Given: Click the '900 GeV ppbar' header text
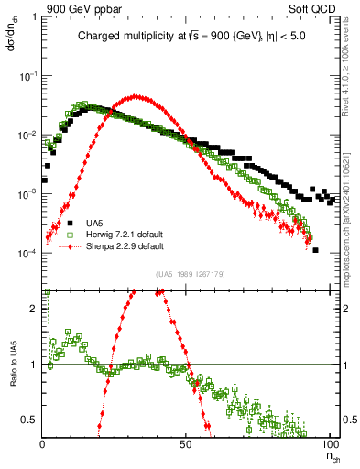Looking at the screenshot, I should tap(82, 10).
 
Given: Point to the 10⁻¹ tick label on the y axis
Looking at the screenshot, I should tap(28, 76).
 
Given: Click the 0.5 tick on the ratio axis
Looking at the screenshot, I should tap(31, 420).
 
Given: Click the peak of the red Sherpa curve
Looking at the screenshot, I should tap(136, 96).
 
